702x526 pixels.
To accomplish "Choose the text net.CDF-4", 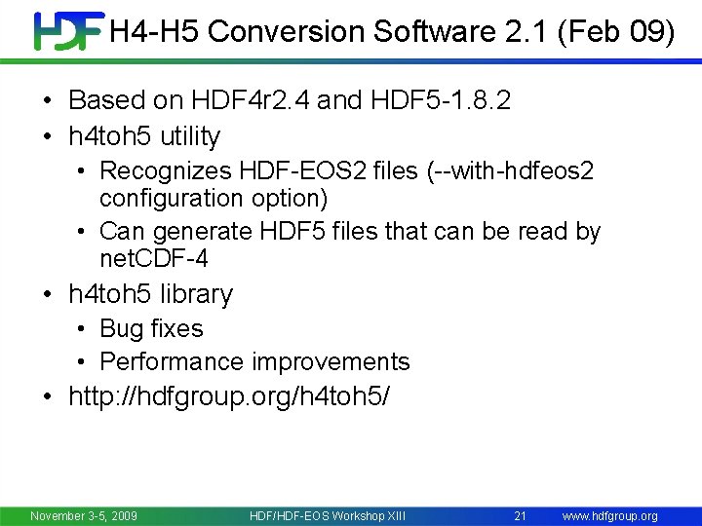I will tap(154, 258).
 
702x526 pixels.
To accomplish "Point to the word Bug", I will tap(121, 328).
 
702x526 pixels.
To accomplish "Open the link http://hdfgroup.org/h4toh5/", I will tap(229, 397).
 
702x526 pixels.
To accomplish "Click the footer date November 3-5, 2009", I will tap(84, 515).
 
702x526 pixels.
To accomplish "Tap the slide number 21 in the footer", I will tap(520, 515).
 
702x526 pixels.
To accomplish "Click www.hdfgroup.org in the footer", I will tap(610, 515).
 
